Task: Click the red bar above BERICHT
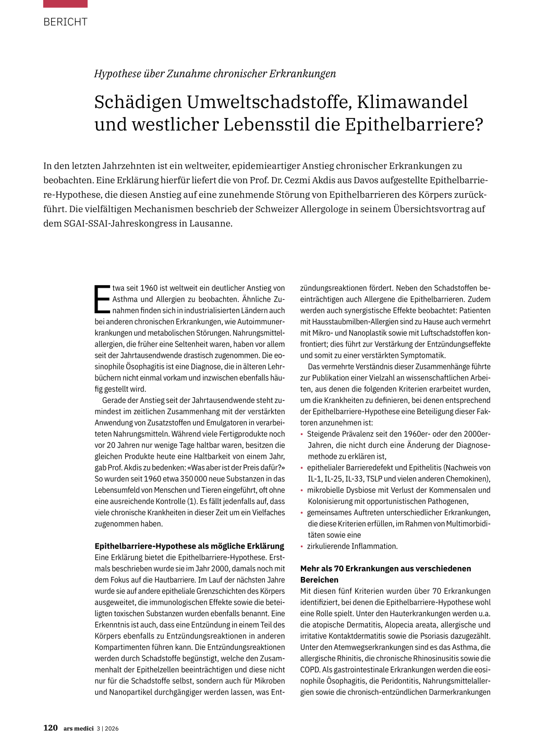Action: coord(65,4)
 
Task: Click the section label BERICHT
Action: coord(65,22)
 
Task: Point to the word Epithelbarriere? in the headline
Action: coord(414,125)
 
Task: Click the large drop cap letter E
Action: coord(102,299)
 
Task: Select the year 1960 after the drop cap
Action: coord(149,288)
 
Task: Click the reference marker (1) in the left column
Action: coord(192,501)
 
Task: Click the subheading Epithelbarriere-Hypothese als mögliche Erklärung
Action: coord(189,546)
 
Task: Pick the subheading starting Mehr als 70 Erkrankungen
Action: coord(385,569)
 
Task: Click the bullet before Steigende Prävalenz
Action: coord(302,434)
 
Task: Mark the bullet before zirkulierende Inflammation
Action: coord(302,547)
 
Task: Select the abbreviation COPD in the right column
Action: coord(310,670)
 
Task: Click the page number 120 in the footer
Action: coord(50,728)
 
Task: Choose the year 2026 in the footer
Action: coord(112,729)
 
